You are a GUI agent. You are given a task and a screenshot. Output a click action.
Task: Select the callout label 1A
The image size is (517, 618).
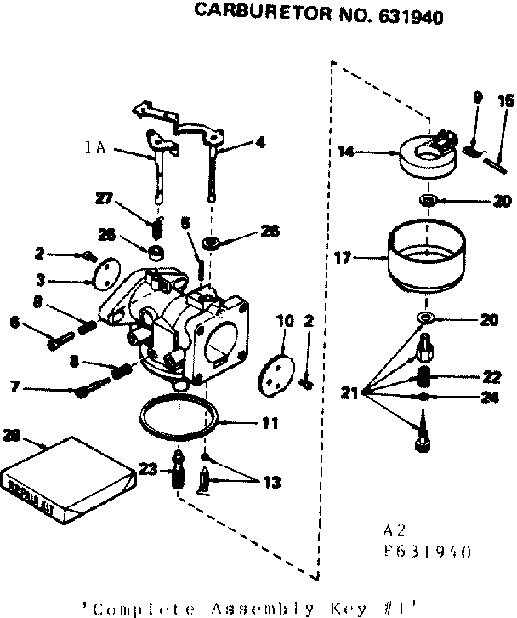coord(94,147)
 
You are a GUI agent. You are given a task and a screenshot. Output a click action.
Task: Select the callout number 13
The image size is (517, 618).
coord(270,483)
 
